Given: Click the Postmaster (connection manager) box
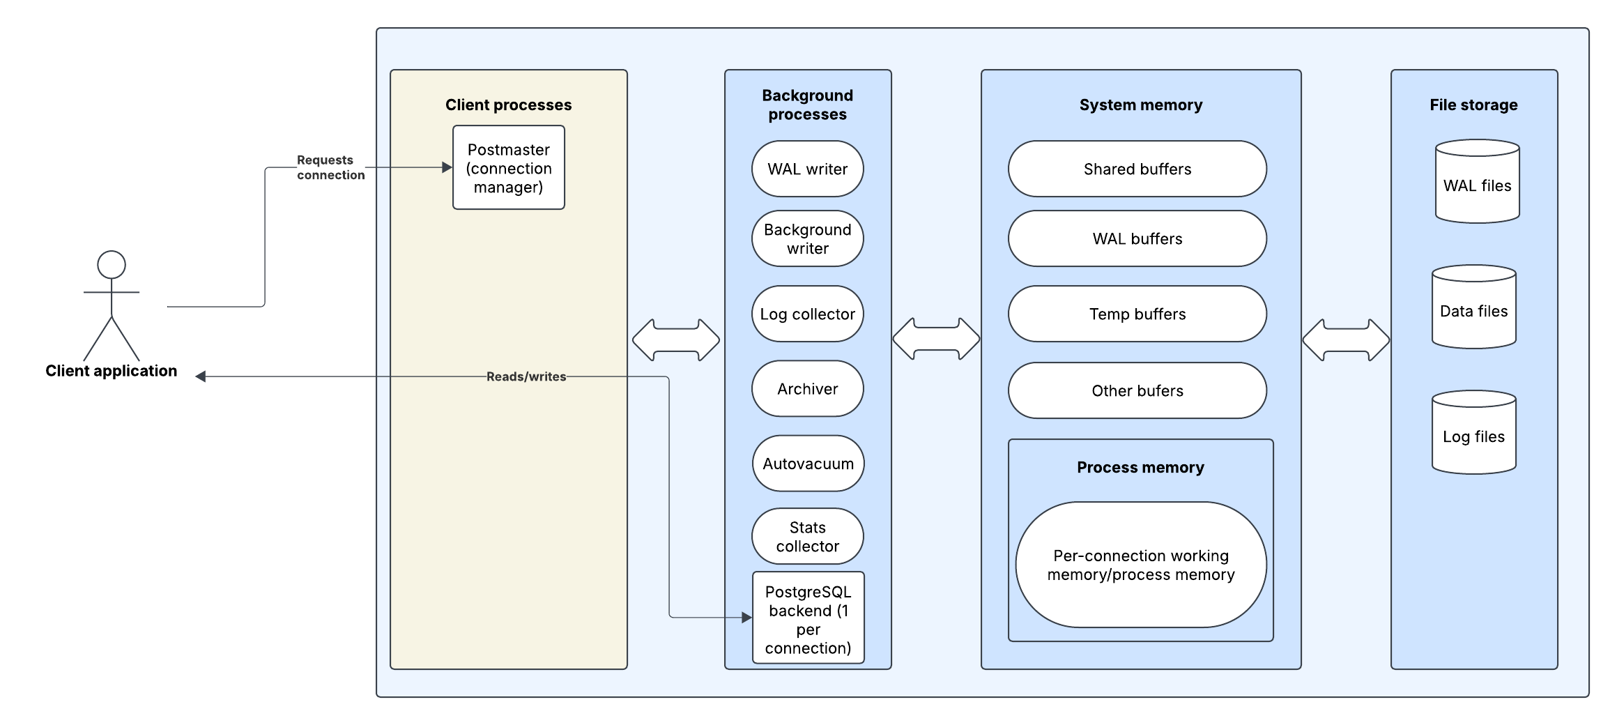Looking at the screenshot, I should (508, 168).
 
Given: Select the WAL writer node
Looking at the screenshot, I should (807, 169).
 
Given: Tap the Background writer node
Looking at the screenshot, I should (807, 238).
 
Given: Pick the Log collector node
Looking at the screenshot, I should (807, 314).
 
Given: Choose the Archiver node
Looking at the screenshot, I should (807, 388).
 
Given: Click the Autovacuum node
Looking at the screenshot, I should (808, 464).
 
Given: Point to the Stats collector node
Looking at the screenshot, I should (807, 536).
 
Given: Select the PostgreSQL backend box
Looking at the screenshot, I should (808, 618).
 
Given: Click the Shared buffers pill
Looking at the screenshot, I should (1137, 169).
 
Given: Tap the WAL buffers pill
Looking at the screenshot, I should (1137, 238).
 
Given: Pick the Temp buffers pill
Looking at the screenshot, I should (1137, 314).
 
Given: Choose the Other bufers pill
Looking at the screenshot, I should (1137, 390).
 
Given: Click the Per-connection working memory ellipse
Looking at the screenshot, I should (1140, 565).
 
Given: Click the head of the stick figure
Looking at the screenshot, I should (112, 265).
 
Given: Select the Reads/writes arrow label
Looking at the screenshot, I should (526, 376).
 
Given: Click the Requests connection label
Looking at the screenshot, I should (330, 167).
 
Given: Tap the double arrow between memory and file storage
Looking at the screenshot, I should (1346, 340).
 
